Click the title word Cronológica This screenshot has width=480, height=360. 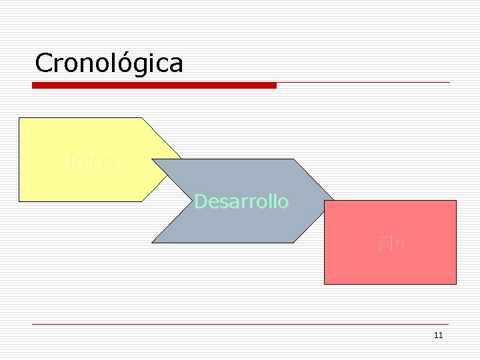pyautogui.click(x=109, y=63)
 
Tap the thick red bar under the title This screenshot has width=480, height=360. pyautogui.click(x=154, y=85)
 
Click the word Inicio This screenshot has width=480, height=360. pyautogui.click(x=92, y=161)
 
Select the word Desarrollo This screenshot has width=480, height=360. pyautogui.click(x=241, y=201)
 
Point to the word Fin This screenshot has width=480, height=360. pyautogui.click(x=391, y=243)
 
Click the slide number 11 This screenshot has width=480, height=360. pyautogui.click(x=438, y=335)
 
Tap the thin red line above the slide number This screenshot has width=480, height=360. pyautogui.click(x=240, y=325)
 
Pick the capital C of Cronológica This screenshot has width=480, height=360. pyautogui.click(x=43, y=63)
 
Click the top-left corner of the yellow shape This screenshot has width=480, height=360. pyautogui.click(x=19, y=118)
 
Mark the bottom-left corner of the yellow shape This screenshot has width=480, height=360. pyautogui.click(x=19, y=201)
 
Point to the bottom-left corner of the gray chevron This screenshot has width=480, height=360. pyautogui.click(x=153, y=243)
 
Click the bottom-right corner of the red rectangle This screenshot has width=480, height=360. pyautogui.click(x=456, y=284)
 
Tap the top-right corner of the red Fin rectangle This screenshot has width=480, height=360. pyautogui.click(x=456, y=201)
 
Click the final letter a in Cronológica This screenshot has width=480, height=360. pyautogui.click(x=175, y=65)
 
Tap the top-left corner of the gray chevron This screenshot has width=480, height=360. pyautogui.click(x=153, y=159)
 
